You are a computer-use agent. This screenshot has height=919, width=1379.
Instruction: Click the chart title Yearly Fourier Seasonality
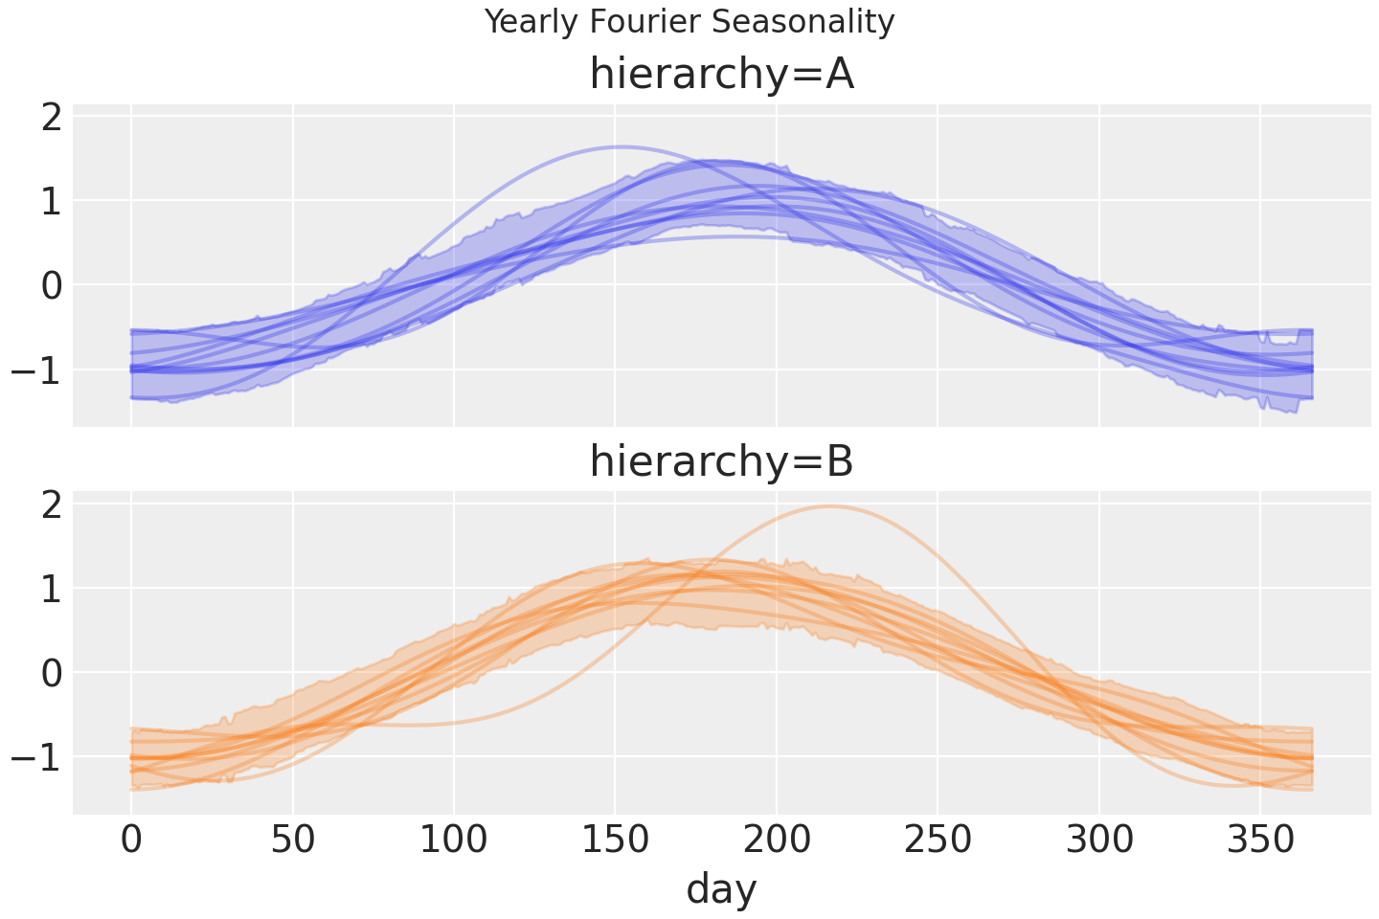tap(689, 21)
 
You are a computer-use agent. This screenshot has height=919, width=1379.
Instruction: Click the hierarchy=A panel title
tap(721, 75)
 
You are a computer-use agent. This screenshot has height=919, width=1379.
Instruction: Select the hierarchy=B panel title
tap(721, 461)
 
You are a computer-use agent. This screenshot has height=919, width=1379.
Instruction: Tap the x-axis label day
tap(721, 888)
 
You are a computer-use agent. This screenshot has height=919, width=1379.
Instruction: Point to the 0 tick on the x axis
tap(131, 841)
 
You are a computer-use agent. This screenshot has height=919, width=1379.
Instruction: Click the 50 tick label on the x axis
tap(293, 841)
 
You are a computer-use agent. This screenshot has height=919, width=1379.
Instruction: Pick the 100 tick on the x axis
tap(454, 841)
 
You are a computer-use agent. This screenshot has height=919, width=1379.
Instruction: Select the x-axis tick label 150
tap(616, 841)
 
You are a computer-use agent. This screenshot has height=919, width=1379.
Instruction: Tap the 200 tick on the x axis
tap(777, 841)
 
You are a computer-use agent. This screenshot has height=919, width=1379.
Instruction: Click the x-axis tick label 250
tap(938, 841)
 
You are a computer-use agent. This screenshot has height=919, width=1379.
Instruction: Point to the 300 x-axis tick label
tap(1099, 841)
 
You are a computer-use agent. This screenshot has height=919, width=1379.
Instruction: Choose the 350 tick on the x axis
tap(1260, 841)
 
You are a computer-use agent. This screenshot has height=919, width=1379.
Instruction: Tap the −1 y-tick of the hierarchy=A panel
tap(36, 370)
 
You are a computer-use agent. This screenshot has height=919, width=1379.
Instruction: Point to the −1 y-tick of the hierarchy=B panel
tap(36, 757)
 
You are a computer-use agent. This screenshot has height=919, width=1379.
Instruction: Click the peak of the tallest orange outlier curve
tap(829, 506)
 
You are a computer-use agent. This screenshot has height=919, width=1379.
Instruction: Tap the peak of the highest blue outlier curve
tap(622, 146)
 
